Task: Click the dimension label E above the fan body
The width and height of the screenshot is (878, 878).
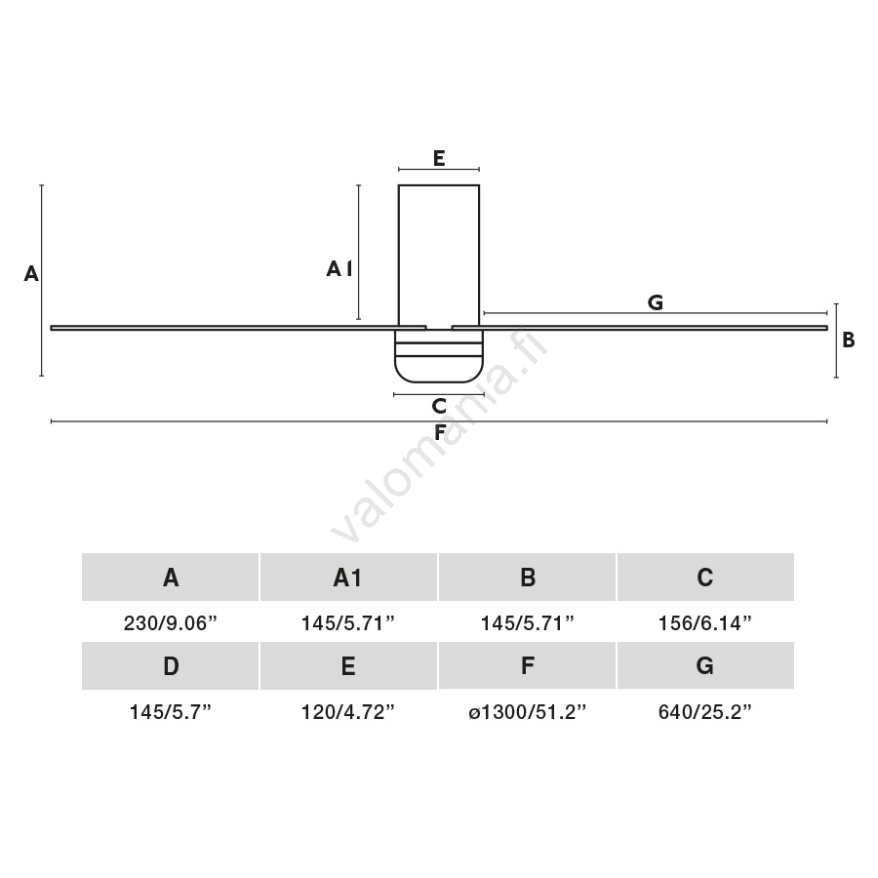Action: pyautogui.click(x=439, y=158)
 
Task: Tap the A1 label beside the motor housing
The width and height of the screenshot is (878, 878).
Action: pyautogui.click(x=339, y=269)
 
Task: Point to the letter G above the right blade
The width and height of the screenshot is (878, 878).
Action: pyautogui.click(x=656, y=302)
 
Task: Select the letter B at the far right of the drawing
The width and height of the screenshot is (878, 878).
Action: pyautogui.click(x=849, y=339)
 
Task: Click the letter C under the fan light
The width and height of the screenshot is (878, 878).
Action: pyautogui.click(x=439, y=406)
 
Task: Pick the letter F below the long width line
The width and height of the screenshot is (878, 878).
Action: pyautogui.click(x=440, y=433)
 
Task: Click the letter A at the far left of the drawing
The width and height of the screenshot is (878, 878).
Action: pyautogui.click(x=31, y=274)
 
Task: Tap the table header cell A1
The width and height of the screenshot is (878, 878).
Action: pyautogui.click(x=348, y=578)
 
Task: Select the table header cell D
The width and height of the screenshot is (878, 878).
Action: pyautogui.click(x=170, y=665)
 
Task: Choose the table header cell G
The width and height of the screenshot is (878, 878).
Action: pyautogui.click(x=705, y=665)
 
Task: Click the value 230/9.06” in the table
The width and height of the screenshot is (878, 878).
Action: pyautogui.click(x=170, y=622)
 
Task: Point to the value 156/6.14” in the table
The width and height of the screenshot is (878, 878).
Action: pyautogui.click(x=705, y=622)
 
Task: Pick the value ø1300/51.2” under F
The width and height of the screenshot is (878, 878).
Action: pyautogui.click(x=527, y=712)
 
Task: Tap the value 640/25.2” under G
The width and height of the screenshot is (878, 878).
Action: pyautogui.click(x=705, y=712)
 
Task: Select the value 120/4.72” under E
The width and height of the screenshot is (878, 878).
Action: pyautogui.click(x=348, y=712)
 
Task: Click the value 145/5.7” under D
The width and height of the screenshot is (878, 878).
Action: pyautogui.click(x=170, y=712)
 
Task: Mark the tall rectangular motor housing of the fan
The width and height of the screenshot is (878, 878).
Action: pyautogui.click(x=439, y=256)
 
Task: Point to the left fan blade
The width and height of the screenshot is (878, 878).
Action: pyautogui.click(x=239, y=328)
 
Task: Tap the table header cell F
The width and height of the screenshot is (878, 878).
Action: pyautogui.click(x=527, y=665)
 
